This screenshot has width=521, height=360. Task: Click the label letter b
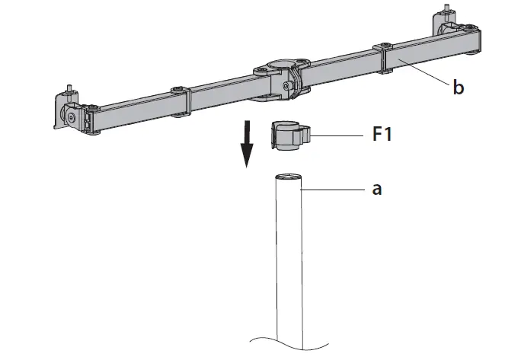coord(458,88)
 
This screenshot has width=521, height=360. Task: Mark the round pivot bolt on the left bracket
coord(69,119)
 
